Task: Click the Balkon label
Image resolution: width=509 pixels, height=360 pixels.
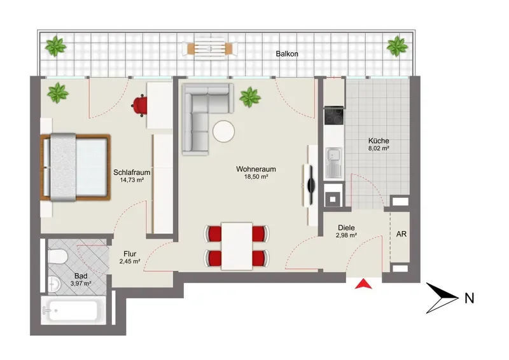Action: click(287, 53)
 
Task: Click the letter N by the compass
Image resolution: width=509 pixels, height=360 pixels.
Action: click(469, 298)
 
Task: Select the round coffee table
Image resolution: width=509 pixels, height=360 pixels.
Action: click(224, 132)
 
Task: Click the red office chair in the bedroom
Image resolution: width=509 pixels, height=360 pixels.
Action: click(139, 106)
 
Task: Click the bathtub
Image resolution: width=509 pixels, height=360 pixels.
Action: click(73, 310)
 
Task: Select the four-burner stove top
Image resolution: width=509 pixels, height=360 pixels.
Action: click(333, 116)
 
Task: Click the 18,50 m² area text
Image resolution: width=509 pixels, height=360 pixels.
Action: click(256, 177)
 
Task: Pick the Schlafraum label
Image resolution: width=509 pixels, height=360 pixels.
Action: click(132, 172)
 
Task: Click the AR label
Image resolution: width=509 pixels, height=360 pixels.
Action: click(401, 234)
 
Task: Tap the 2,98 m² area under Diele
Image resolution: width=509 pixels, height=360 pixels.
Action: click(346, 235)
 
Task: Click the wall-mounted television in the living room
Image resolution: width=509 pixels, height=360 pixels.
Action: click(310, 185)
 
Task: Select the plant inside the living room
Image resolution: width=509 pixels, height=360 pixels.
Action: click(250, 97)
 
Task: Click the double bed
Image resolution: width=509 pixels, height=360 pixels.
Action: click(75, 167)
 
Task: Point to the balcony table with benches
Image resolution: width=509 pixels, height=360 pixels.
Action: click(210, 48)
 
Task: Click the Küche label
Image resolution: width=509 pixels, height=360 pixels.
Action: click(379, 141)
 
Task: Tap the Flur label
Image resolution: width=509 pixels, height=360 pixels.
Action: click(130, 254)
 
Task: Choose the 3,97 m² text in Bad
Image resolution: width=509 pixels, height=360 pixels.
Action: click(81, 284)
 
